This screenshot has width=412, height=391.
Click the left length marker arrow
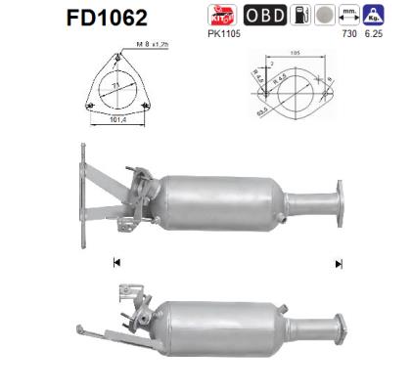(116, 262)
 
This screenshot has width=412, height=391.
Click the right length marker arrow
(339, 262)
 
